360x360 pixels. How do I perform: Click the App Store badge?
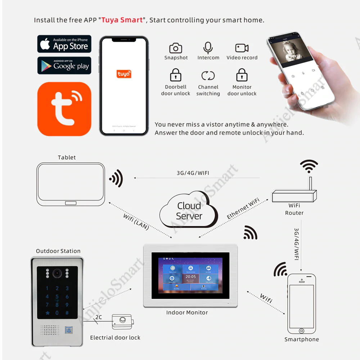click(x=64, y=44)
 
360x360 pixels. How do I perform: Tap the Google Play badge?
click(x=64, y=66)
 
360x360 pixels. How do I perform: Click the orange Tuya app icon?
click(x=64, y=109)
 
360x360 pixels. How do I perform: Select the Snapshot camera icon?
click(x=176, y=48)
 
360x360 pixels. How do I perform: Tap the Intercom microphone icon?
click(x=208, y=48)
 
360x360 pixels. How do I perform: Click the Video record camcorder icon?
click(x=242, y=48)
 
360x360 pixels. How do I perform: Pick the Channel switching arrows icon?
click(x=208, y=76)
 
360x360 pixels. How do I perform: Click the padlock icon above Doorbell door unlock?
click(x=176, y=76)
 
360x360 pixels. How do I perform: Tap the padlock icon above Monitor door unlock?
click(x=242, y=76)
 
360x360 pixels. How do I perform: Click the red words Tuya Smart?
click(x=122, y=20)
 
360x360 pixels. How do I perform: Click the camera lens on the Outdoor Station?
click(x=57, y=274)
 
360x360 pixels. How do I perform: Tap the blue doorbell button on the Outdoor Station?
click(x=68, y=330)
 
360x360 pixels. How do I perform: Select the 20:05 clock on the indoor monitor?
click(x=191, y=277)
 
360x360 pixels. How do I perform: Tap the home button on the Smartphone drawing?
click(x=301, y=330)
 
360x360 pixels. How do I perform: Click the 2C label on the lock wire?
click(x=98, y=318)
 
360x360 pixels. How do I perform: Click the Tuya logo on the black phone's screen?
click(x=124, y=74)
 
